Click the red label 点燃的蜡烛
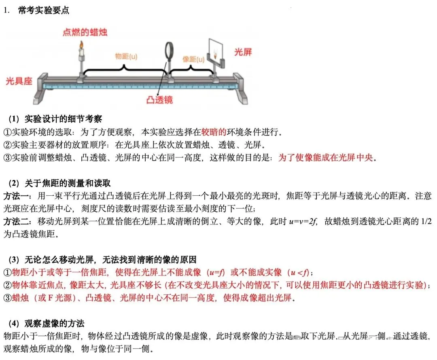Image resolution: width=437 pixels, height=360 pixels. (85, 32)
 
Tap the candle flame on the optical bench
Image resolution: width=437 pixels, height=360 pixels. (81, 44)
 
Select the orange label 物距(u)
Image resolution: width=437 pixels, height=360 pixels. (126, 56)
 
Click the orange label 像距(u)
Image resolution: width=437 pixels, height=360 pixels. (193, 59)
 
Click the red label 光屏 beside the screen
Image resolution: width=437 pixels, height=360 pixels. (243, 52)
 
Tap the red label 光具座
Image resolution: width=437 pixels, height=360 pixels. (19, 81)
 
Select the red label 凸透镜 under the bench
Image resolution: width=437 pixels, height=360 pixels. (160, 100)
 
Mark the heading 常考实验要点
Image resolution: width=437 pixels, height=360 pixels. (43, 10)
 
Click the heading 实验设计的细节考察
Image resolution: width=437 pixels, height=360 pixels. (63, 119)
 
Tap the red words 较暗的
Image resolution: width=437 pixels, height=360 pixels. (214, 132)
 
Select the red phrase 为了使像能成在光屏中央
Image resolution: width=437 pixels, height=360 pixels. (325, 157)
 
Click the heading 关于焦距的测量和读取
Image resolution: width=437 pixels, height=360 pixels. (68, 183)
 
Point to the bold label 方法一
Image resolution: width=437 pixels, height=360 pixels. (16, 196)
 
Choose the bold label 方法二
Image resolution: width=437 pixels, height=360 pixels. (16, 222)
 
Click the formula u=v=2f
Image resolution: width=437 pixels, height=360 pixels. (303, 222)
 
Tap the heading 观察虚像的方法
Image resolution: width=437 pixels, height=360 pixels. (54, 324)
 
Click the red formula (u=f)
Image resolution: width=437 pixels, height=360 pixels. (216, 272)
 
